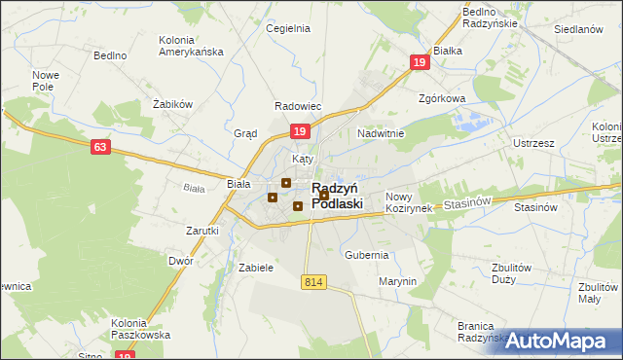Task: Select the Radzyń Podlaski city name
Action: (x=337, y=196)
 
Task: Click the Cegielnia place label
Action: (x=288, y=29)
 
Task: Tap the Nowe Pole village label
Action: (x=46, y=82)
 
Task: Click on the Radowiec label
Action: (x=298, y=107)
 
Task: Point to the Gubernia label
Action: (x=366, y=255)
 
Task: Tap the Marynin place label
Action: (x=397, y=282)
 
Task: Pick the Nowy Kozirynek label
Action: (x=408, y=202)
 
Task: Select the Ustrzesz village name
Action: (x=532, y=143)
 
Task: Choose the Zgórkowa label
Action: (x=442, y=98)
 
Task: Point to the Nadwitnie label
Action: (x=381, y=133)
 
